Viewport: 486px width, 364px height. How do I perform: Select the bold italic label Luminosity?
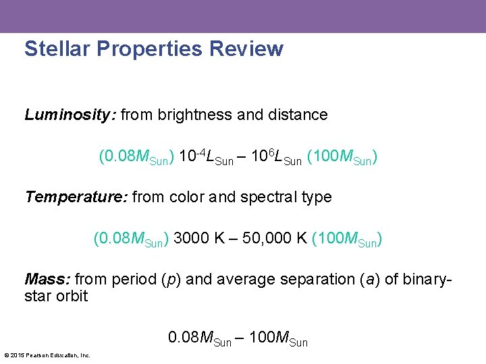point(71,115)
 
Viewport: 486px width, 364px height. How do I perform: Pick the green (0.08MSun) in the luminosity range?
point(137,158)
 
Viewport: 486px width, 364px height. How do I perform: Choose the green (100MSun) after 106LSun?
point(342,158)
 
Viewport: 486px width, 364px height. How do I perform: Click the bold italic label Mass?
point(47,280)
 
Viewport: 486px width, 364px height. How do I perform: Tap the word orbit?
point(70,297)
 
